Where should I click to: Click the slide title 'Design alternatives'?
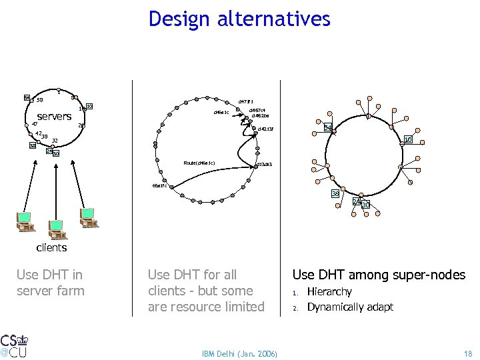(239, 19)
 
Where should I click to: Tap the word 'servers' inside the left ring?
(54, 117)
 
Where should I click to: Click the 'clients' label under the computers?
(51, 247)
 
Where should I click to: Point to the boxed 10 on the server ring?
(89, 106)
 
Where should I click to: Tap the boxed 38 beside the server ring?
(32, 145)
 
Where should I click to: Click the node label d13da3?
(263, 163)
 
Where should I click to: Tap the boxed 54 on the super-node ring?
(328, 127)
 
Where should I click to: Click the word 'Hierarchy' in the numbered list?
(329, 292)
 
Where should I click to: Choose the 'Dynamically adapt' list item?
(349, 307)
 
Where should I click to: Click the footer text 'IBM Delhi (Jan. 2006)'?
(240, 353)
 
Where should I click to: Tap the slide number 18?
(467, 353)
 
